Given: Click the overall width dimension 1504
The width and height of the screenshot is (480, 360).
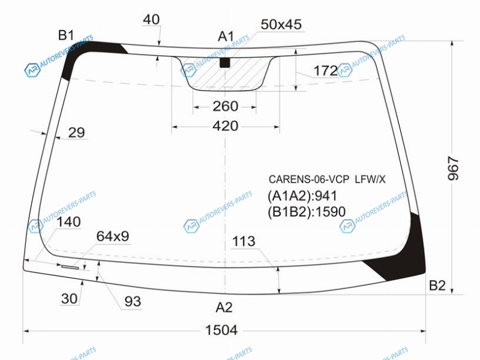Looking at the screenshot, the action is pos(221,331).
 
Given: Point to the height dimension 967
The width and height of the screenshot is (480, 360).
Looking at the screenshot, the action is pos(453,168).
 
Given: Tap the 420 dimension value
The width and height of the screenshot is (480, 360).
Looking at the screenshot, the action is pos(226,126).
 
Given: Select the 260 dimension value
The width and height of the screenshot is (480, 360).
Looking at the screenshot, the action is pos(226,106).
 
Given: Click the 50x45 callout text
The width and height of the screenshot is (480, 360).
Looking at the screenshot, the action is pos(281,24).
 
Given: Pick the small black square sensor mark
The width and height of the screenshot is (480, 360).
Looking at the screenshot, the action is pos(225,63).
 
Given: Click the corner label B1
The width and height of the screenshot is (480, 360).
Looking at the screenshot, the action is pos(66,35).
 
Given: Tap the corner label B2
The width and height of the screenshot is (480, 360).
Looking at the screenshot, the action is pos(437,286).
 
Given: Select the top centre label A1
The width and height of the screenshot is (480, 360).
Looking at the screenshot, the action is pos(226,37).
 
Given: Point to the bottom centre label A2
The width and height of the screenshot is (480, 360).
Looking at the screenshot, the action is pos(224,307).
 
